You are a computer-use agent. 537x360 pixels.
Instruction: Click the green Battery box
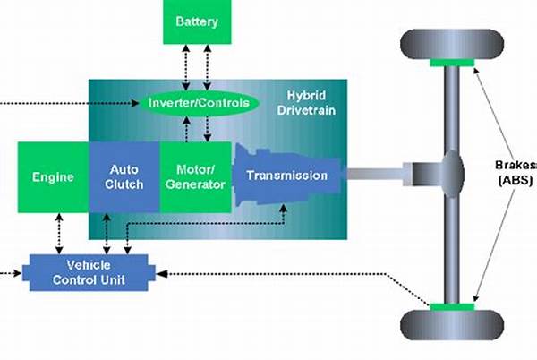click(196, 21)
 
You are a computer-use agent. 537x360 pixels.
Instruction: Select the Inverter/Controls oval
click(198, 104)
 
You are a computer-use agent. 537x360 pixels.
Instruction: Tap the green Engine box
click(53, 176)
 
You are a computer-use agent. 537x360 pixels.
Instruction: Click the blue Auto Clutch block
click(124, 176)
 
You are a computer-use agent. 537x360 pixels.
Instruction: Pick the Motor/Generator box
click(194, 176)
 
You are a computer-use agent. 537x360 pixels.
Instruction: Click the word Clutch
click(124, 184)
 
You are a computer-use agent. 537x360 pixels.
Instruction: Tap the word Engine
click(53, 176)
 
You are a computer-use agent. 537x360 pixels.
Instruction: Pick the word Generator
click(194, 184)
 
